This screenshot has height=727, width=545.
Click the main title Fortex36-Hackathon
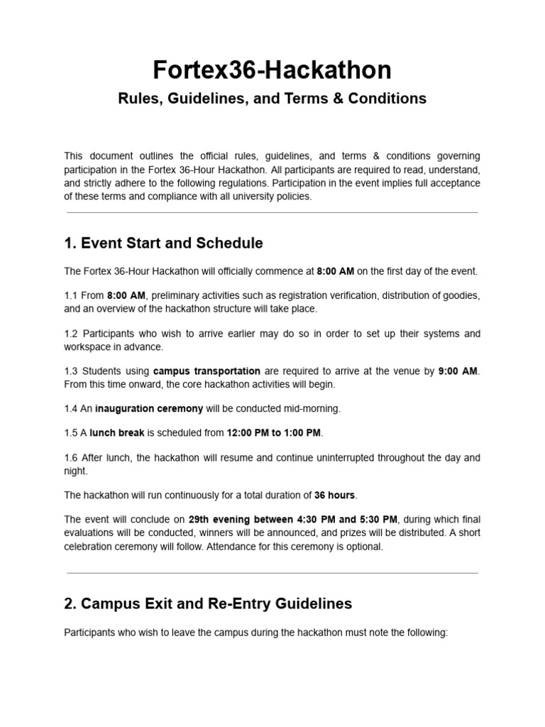click(272, 70)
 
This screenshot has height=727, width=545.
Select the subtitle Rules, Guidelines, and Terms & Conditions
click(272, 99)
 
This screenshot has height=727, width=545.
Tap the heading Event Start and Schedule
click(163, 244)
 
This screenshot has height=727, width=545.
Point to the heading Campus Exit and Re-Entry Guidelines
click(208, 604)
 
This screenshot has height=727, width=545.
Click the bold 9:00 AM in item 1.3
click(458, 371)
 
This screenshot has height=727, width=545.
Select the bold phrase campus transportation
click(207, 371)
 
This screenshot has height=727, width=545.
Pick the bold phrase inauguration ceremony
click(149, 408)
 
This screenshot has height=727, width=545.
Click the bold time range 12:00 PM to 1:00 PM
click(273, 432)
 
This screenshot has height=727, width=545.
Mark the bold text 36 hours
click(335, 496)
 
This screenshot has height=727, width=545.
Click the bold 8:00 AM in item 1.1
click(126, 295)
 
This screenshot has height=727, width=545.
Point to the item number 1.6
click(72, 458)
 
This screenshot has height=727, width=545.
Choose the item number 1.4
click(72, 408)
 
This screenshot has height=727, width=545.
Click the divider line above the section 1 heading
click(272, 213)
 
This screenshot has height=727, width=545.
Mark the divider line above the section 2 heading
click(272, 573)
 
